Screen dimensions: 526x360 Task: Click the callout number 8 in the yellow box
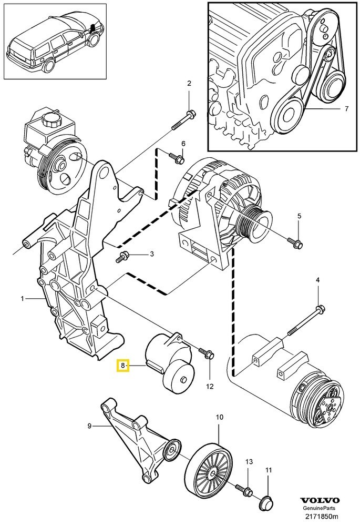122,365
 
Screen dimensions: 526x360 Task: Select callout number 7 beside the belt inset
346,109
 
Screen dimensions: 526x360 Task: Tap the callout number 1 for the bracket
23,299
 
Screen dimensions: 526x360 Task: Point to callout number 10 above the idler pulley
220,418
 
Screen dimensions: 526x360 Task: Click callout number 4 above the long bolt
317,280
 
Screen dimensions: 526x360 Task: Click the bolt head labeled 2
191,113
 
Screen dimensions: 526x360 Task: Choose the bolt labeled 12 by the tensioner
207,355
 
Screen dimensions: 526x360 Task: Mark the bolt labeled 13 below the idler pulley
245,491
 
